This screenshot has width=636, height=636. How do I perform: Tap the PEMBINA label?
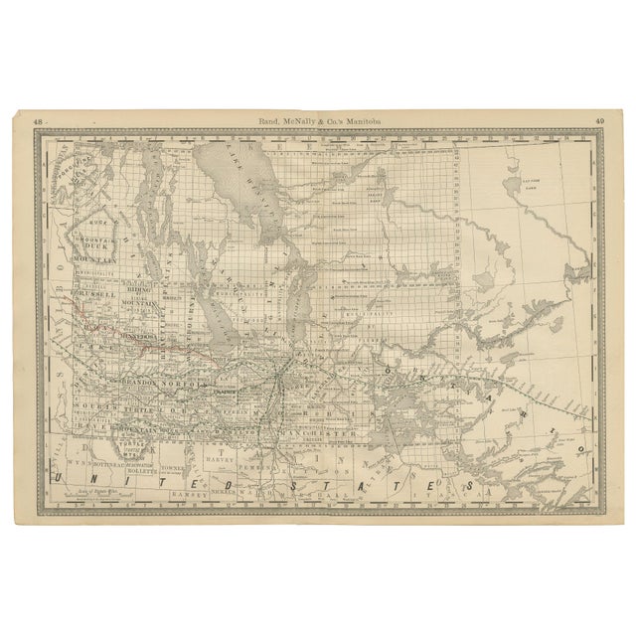tap(266, 464)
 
